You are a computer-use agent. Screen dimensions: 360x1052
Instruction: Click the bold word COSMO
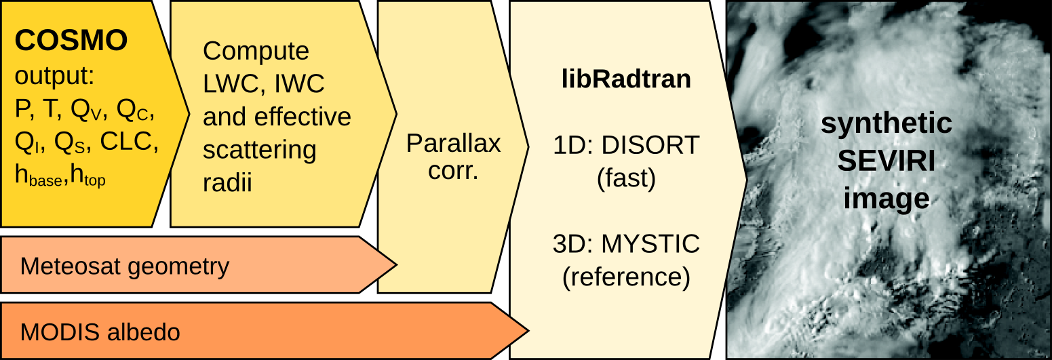point(71,41)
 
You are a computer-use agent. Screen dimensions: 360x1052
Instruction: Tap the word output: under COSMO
point(54,76)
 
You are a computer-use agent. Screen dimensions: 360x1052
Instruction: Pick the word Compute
point(256,51)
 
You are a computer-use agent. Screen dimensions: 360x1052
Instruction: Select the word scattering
point(260,150)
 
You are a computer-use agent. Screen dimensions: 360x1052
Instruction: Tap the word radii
point(227,183)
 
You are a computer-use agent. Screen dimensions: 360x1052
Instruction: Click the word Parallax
point(453,143)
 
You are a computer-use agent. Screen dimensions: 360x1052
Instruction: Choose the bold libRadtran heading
point(626,79)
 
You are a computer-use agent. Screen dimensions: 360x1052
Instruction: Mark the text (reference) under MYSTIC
point(626,277)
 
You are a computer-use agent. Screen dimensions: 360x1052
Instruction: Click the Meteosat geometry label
point(125,266)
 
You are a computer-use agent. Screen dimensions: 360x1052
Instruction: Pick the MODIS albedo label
point(100,332)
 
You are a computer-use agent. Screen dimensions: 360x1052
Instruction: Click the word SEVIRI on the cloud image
point(886,161)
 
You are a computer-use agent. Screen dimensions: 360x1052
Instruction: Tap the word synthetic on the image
point(886,124)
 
